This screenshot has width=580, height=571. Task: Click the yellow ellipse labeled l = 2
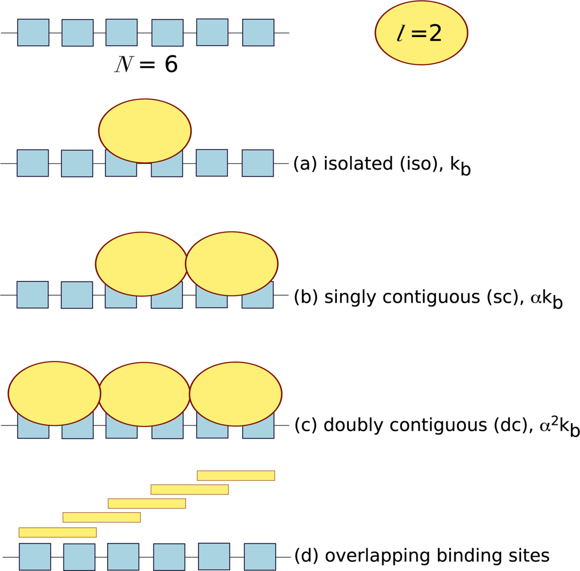tap(421, 33)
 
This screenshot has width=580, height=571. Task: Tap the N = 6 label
tap(146, 65)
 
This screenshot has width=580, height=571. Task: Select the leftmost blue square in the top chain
tap(33, 33)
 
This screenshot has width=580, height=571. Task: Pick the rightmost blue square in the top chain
tap(258, 33)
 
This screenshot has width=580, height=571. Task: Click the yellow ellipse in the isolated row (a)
tap(145, 131)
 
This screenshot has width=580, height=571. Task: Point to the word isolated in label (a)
tap(349, 164)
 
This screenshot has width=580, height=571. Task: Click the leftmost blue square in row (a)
tap(33, 163)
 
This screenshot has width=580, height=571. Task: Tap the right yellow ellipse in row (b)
tap(232, 264)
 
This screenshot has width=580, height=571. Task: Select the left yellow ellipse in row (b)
tap(142, 264)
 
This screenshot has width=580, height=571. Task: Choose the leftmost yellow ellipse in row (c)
tap(54, 393)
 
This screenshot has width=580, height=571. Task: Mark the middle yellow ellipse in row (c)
tap(144, 394)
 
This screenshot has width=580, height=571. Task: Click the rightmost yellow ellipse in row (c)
tap(235, 394)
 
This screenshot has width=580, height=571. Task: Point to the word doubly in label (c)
tap(348, 425)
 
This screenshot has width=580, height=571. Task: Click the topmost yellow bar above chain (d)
tap(236, 476)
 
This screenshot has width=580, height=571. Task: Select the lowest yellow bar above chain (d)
tap(58, 532)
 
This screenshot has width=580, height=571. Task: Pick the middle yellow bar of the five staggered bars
tap(147, 503)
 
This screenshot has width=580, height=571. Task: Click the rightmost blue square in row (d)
tap(260, 557)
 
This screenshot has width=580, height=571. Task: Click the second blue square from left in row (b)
tap(77, 295)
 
